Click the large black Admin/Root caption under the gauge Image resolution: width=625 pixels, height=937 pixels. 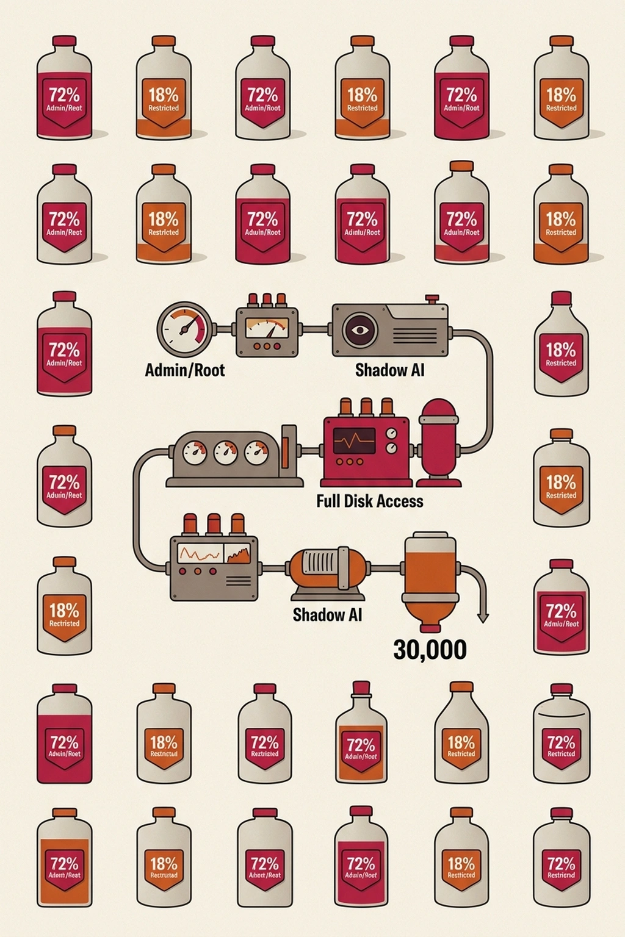click(x=184, y=370)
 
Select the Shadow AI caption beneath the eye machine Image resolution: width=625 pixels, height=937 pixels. click(x=389, y=370)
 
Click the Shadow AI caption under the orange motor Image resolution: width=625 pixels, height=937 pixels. click(x=327, y=614)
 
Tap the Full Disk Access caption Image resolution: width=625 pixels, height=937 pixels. click(x=369, y=501)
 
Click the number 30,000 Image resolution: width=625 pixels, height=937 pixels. click(x=430, y=650)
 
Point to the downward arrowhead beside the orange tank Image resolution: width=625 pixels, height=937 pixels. click(x=483, y=617)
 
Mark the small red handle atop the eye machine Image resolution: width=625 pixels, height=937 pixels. click(x=432, y=299)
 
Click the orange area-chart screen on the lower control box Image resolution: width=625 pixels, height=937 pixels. click(x=238, y=554)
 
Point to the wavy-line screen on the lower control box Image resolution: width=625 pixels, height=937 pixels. click(x=199, y=554)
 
